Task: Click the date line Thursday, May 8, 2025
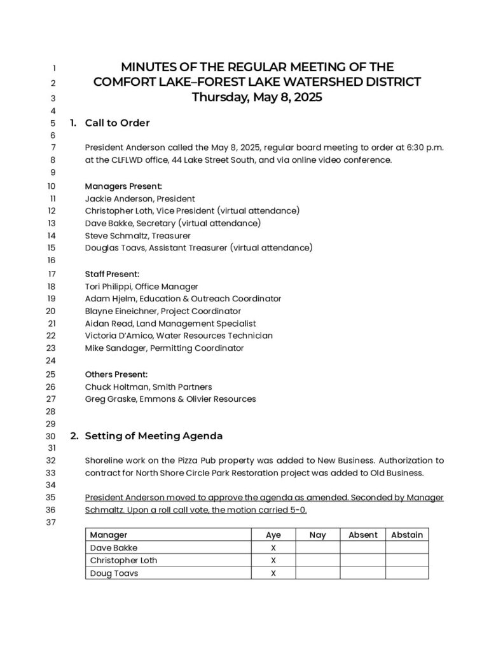coord(257,98)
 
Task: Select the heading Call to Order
coord(117,123)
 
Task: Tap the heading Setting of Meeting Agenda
coord(153,436)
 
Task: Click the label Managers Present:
coord(123,186)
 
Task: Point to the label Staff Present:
coord(112,274)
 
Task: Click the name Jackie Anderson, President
coord(140,198)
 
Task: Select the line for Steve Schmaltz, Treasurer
coord(137,235)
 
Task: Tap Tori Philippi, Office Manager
coord(141,287)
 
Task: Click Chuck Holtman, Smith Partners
coord(148,387)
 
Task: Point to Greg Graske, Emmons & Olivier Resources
coord(170,399)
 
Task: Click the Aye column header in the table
coord(273,535)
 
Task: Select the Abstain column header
coord(407,535)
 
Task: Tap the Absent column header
coord(363,535)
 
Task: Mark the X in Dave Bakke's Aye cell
coord(273,547)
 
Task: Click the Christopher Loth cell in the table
coord(123,560)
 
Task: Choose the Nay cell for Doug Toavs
coord(317,573)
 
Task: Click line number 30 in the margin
coord(51,436)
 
